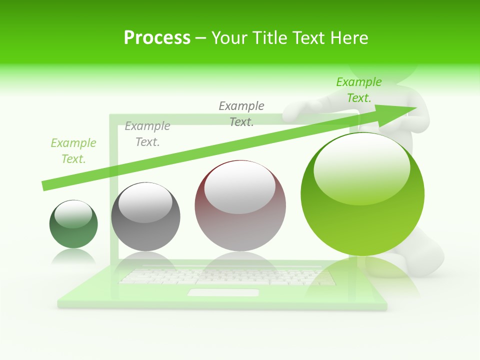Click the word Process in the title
157,38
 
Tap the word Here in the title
348,38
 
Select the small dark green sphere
73,224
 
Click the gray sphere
145,216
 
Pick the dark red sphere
240,205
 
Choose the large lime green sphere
362,194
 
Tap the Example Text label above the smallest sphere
73,151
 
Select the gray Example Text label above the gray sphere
147,134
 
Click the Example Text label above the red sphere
241,113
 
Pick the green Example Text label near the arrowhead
359,90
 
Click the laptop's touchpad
223,292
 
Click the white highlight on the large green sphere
361,167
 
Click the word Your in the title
229,38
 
